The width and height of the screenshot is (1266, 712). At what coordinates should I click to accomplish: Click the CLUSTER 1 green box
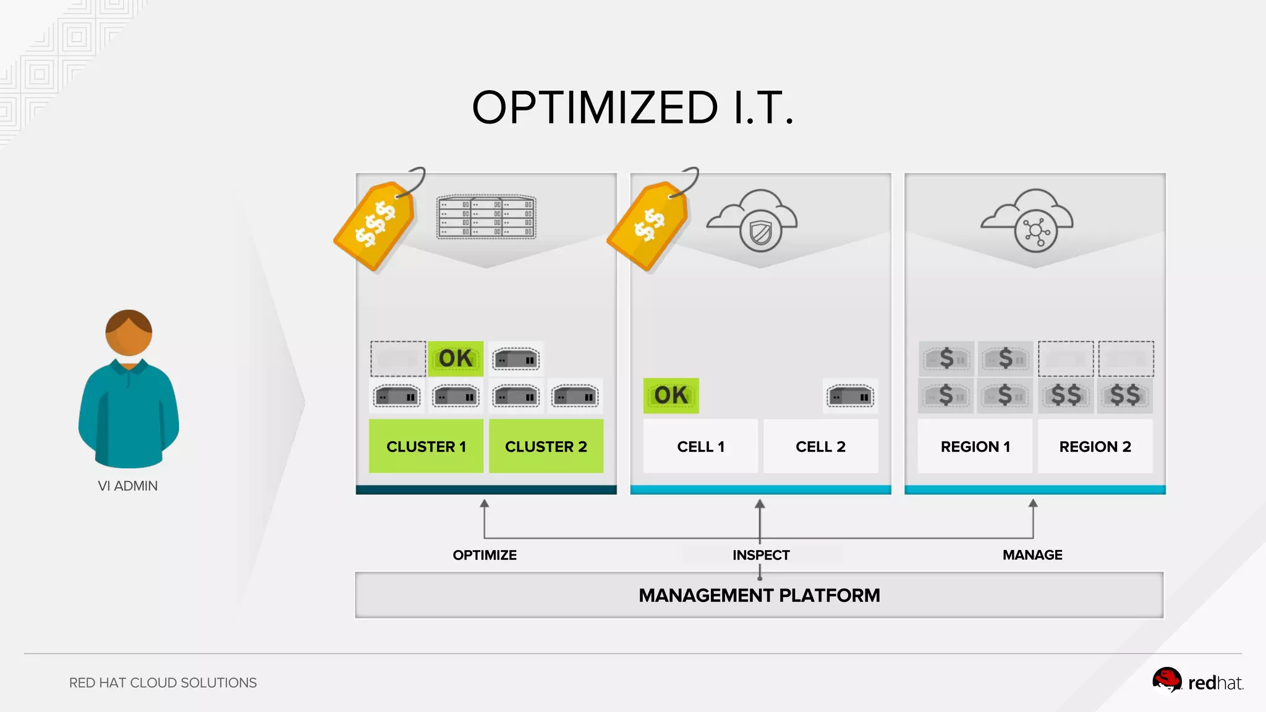coord(426,446)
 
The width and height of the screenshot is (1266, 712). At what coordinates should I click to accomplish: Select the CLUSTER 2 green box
coord(546,446)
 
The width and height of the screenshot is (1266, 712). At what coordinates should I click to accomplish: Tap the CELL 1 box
coord(700,446)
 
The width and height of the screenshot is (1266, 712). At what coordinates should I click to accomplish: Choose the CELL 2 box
coord(820,446)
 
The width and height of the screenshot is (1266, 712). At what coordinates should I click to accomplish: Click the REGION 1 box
coord(975,446)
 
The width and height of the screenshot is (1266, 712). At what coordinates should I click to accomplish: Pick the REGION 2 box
coord(1095,446)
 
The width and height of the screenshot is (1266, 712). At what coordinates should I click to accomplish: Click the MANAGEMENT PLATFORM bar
coord(759,595)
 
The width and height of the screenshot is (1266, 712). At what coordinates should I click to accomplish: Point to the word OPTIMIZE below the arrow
coord(485,555)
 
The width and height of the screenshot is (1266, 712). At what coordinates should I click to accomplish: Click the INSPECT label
coord(761,555)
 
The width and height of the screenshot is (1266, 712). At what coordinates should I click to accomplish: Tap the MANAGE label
coord(1032,555)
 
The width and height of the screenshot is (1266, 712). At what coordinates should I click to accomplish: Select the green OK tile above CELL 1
coord(671,396)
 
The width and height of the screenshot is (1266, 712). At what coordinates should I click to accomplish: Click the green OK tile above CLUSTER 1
coord(456,358)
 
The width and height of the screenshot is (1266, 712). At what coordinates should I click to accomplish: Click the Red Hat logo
coord(1197,682)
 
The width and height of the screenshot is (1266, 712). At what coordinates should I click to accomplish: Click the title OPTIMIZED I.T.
coord(632,108)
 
